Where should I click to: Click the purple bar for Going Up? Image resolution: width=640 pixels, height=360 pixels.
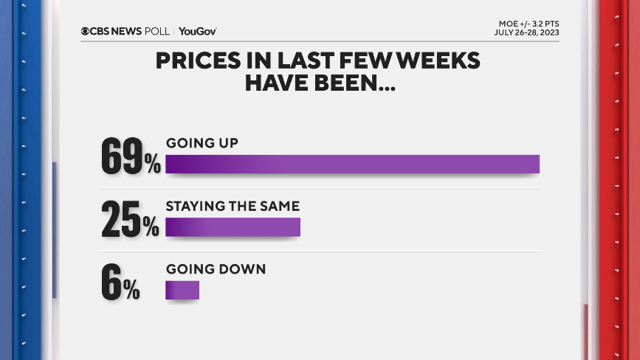[x=352, y=164]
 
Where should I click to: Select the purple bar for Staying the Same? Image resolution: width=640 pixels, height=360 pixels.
[x=233, y=226]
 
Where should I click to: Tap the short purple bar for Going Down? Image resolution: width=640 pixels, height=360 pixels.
[x=182, y=290]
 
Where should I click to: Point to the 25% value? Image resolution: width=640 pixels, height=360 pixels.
[x=130, y=219]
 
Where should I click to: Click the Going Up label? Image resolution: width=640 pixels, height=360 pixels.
[x=202, y=143]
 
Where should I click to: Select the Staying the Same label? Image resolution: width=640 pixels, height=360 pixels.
[x=233, y=206]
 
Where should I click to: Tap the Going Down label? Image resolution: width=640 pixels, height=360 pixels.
[x=216, y=269]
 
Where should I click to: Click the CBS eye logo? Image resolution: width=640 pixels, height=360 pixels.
[x=86, y=31]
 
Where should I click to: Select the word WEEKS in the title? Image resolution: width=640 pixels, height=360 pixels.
[x=439, y=61]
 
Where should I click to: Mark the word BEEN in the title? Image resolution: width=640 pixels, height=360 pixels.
[x=354, y=83]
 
